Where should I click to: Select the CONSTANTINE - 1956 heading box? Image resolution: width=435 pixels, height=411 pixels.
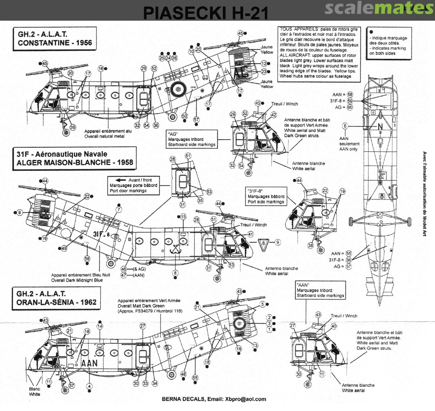click(52, 39)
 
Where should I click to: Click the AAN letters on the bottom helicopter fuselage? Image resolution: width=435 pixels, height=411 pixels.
click(89, 363)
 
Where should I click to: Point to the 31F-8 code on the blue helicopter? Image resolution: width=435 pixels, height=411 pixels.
click(101, 234)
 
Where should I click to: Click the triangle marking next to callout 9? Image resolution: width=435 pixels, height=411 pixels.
click(262, 242)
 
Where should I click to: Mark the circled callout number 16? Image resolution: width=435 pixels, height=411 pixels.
click(101, 69)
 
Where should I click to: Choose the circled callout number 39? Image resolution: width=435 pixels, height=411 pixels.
click(72, 127)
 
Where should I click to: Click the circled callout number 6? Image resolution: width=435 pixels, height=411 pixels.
click(345, 125)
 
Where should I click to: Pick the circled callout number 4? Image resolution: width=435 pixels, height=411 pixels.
click(89, 386)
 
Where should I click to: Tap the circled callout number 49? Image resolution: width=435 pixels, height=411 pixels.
click(64, 249)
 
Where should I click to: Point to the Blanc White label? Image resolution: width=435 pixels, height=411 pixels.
click(34, 392)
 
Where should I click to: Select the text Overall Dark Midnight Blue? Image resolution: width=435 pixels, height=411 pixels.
click(74, 279)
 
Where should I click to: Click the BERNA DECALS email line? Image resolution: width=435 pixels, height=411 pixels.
click(214, 399)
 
